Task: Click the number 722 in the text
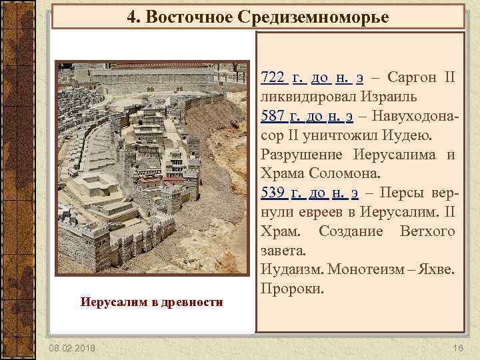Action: (273, 79)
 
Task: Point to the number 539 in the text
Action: (273, 194)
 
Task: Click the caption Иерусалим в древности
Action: (151, 303)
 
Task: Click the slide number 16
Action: (457, 349)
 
